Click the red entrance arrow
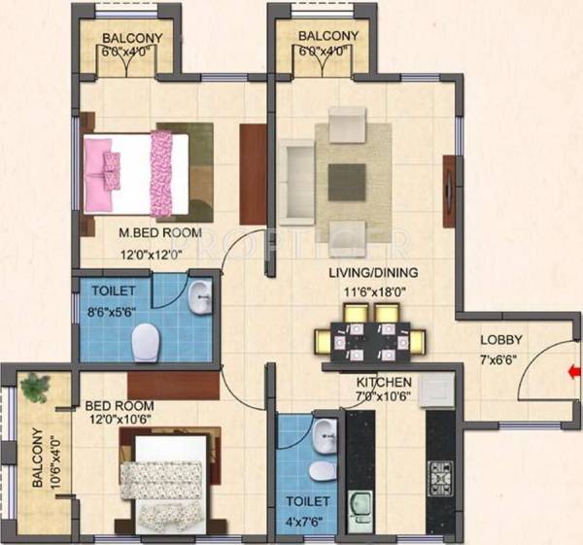(574, 370)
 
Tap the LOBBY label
(501, 340)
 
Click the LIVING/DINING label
(372, 273)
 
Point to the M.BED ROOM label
(160, 233)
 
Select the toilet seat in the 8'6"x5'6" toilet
(146, 340)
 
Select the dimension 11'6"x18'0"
(373, 289)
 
